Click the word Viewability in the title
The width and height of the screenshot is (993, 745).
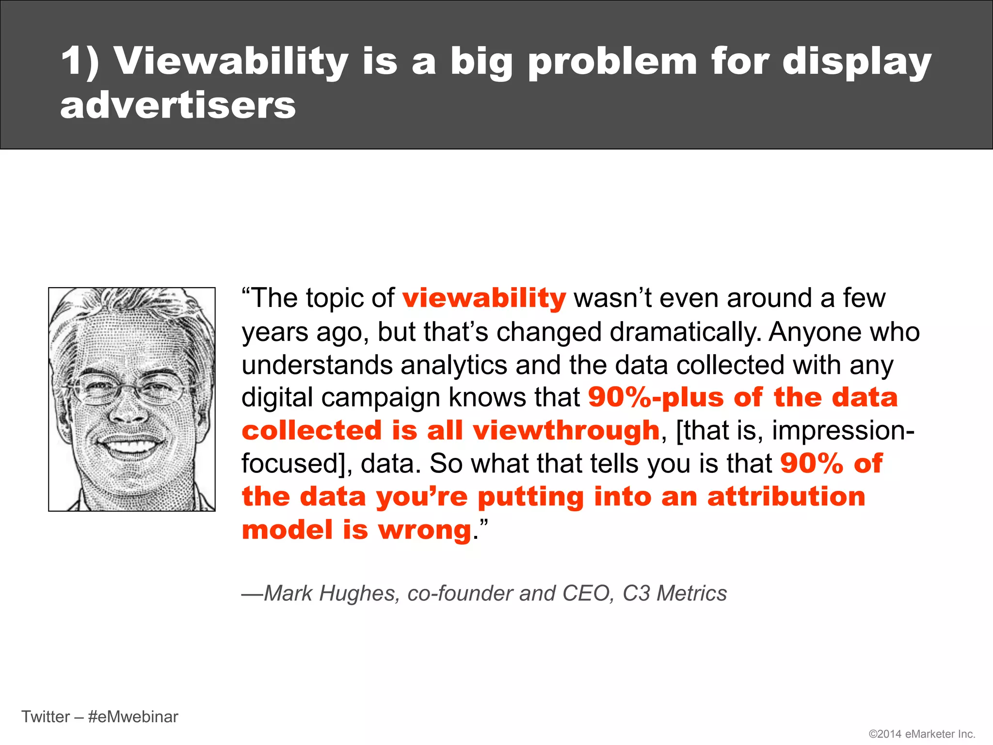coord(231,62)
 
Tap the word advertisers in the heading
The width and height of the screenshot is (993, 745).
coord(177,105)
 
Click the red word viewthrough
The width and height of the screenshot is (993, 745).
coord(566,431)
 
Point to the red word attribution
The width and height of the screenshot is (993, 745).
coord(786,497)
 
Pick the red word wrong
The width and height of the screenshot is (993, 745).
coord(425,530)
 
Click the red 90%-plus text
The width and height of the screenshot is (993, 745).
coord(656,398)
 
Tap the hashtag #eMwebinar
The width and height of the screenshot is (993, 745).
coord(133,716)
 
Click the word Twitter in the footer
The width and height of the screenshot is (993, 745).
coord(46,716)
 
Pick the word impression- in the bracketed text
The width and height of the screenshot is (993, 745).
coord(843,431)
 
